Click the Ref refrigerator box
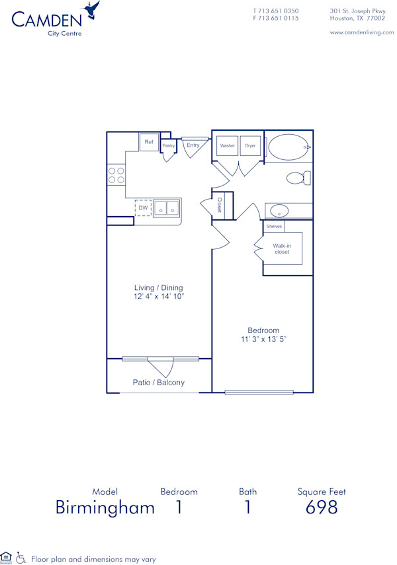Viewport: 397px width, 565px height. pos(149,142)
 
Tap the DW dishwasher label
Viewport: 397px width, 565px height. pos(143,207)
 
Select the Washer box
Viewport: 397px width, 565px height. pos(228,145)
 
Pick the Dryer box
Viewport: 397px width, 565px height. pos(250,145)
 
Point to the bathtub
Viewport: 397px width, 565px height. pos(289,146)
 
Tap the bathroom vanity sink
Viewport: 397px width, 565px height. pos(280,211)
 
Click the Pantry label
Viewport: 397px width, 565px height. pos(168,145)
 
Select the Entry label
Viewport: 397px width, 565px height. pos(193,145)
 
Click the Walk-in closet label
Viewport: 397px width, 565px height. pos(282,248)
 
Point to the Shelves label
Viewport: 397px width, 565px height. pos(274,226)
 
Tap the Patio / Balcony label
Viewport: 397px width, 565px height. pos(159,383)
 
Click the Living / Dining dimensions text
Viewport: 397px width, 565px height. pos(159,297)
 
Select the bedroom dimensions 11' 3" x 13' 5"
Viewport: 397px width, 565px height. pos(263,339)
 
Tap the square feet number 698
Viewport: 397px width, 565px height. pos(322,508)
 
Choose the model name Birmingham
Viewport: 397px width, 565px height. pos(105,508)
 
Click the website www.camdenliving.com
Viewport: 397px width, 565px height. pos(361,32)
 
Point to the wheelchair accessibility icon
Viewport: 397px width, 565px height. pos(21,557)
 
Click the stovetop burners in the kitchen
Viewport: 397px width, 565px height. pos(116,175)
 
